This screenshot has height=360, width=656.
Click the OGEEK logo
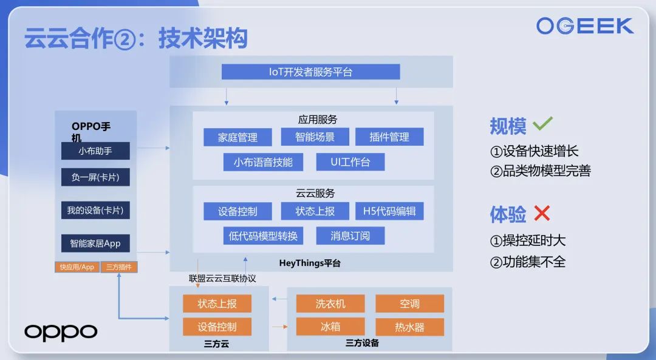(x=584, y=26)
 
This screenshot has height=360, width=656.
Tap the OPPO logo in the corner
(x=61, y=332)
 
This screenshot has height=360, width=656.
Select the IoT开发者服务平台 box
(x=310, y=72)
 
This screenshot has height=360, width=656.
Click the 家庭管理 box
(x=237, y=137)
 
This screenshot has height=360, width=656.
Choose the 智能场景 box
(x=315, y=137)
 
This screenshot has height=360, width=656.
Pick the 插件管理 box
(x=389, y=137)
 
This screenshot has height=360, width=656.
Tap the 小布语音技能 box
(x=263, y=162)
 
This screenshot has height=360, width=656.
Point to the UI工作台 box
(x=350, y=162)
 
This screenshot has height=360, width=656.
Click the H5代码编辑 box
(x=389, y=211)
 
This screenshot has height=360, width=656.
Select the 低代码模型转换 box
(x=263, y=236)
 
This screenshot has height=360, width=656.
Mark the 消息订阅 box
(x=350, y=236)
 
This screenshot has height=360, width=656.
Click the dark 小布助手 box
(x=95, y=151)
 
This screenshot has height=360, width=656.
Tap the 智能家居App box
(x=95, y=243)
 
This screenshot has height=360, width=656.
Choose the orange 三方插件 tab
(x=119, y=267)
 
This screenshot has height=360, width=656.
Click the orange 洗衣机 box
(x=330, y=304)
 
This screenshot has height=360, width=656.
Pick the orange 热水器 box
(x=409, y=327)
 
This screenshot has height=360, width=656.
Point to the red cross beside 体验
(x=541, y=213)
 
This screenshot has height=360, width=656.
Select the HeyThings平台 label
(x=310, y=263)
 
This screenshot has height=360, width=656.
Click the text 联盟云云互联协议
(x=222, y=279)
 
